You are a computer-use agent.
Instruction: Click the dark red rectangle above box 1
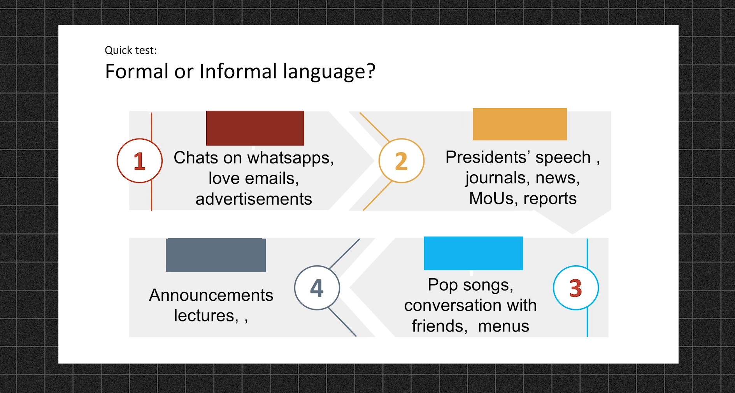[255, 128]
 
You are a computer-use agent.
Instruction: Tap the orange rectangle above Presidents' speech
[519, 124]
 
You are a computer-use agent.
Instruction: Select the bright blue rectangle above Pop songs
[473, 253]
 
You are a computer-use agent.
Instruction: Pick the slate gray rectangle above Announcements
[216, 255]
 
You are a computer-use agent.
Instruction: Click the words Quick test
[131, 50]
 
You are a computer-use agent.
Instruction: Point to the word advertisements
[254, 199]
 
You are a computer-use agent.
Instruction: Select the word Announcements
[211, 295]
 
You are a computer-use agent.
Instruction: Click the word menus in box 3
[503, 326]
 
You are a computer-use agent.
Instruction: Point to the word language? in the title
[329, 72]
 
